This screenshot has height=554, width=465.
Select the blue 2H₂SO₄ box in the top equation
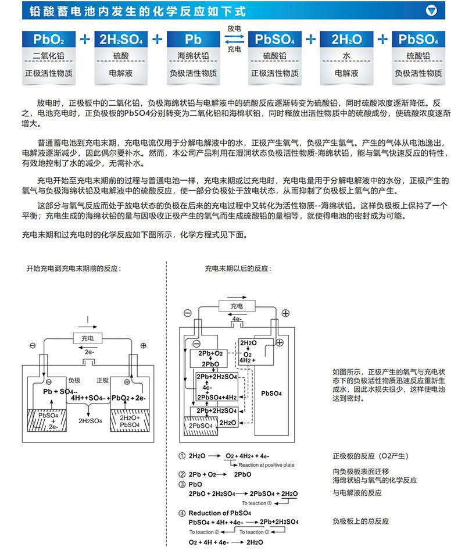(121, 40)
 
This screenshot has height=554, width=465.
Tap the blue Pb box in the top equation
(193, 40)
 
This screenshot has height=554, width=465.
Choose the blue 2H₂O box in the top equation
(346, 40)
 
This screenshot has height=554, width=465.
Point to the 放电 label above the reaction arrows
(234, 28)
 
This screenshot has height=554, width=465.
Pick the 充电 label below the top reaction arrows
(234, 50)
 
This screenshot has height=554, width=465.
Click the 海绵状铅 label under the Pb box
(193, 56)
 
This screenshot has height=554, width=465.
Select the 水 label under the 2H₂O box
(346, 56)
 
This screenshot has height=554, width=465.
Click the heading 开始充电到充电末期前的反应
(78, 269)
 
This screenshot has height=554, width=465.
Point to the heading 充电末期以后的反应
(238, 269)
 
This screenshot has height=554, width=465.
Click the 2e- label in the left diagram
(89, 352)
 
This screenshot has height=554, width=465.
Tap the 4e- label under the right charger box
(237, 319)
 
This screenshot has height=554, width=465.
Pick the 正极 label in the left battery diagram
(102, 380)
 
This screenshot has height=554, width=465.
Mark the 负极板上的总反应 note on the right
(360, 521)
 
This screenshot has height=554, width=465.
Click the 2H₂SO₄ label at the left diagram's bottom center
(91, 420)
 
